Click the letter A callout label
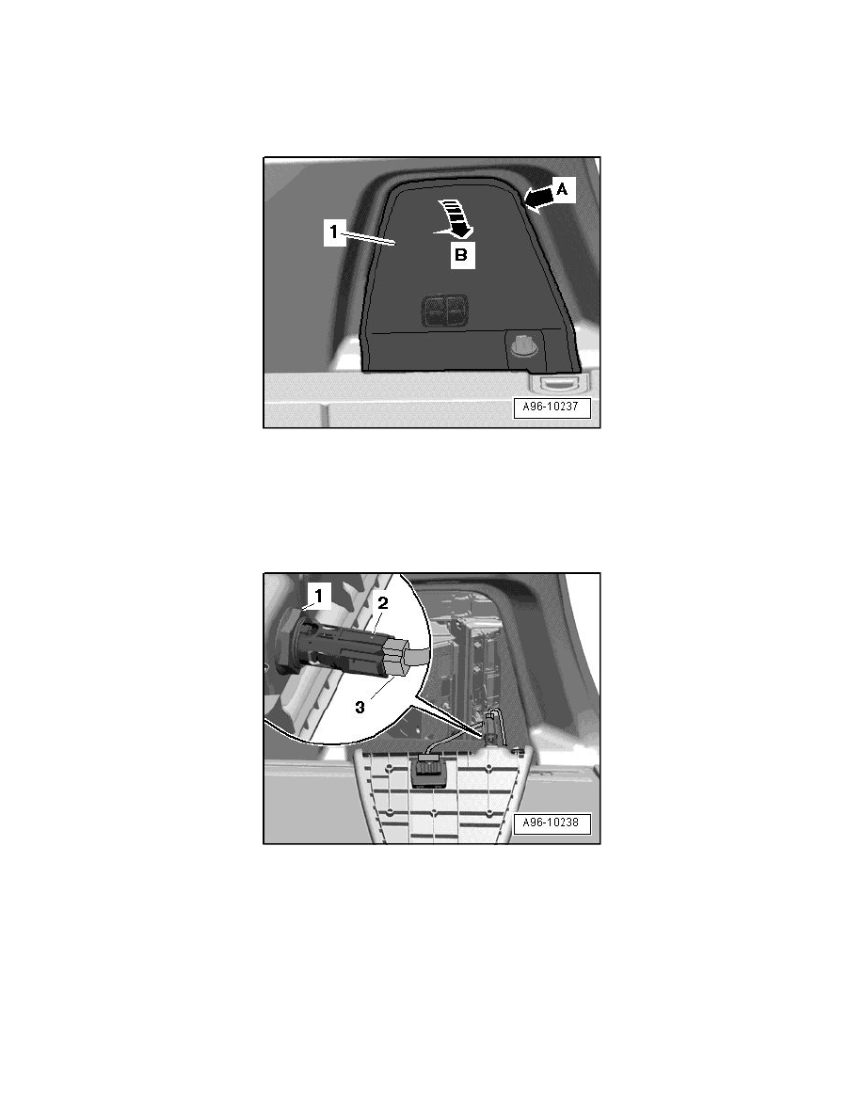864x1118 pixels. pyautogui.click(x=562, y=190)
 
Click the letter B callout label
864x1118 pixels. pyautogui.click(x=461, y=254)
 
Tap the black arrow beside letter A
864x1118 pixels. pyautogui.click(x=538, y=197)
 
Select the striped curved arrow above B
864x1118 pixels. pyautogui.click(x=454, y=216)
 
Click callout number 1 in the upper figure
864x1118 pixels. pyautogui.click(x=333, y=232)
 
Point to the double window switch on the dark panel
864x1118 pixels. pyautogui.click(x=445, y=311)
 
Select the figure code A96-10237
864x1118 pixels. pyautogui.click(x=552, y=407)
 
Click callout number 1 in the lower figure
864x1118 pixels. pyautogui.click(x=319, y=595)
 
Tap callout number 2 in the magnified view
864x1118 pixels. pyautogui.click(x=382, y=602)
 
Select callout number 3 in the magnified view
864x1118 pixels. pyautogui.click(x=360, y=708)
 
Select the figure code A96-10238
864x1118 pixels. pyautogui.click(x=552, y=823)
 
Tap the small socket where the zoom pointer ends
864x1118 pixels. pyautogui.click(x=491, y=731)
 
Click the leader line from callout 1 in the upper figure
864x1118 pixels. pyautogui.click(x=370, y=238)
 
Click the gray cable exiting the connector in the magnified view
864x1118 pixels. pyautogui.click(x=419, y=655)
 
